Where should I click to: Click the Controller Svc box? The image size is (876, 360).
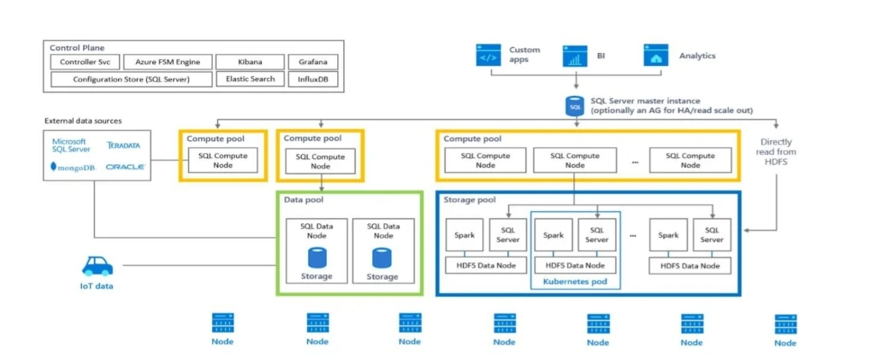click(83, 62)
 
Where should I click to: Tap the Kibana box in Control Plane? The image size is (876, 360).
click(250, 62)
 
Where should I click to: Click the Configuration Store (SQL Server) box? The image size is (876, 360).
click(131, 79)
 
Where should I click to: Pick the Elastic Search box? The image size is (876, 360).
click(250, 79)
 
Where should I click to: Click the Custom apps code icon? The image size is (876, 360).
click(488, 56)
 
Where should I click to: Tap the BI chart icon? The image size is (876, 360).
click(574, 56)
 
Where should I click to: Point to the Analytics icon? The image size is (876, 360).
click(656, 56)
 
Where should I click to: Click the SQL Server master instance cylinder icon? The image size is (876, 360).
click(574, 106)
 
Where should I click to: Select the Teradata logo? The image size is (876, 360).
click(123, 145)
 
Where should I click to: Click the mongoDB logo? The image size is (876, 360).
click(73, 167)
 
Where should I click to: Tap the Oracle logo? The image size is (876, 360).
click(125, 167)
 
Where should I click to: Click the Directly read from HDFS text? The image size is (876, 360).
click(776, 152)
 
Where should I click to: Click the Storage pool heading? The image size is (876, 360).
click(471, 199)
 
